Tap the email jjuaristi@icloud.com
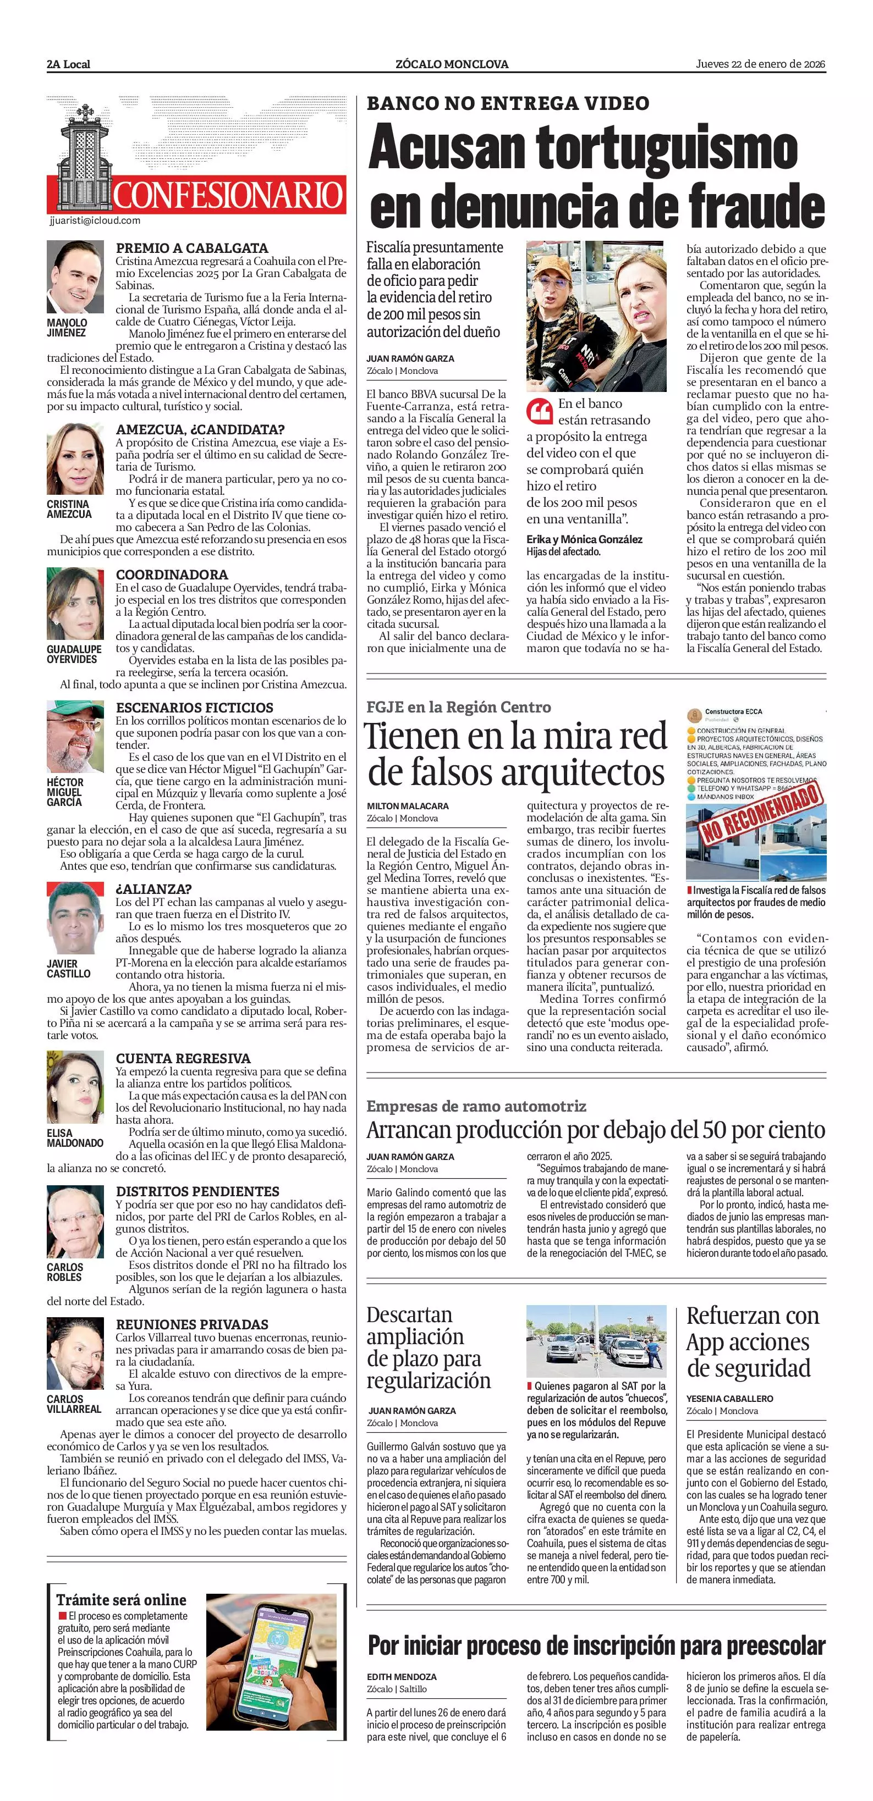coord(95,220)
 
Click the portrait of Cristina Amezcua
coord(75,458)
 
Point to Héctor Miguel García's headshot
coord(75,736)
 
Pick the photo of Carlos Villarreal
coord(75,1353)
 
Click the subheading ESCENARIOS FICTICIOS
coord(195,708)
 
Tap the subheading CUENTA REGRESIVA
coord(183,1058)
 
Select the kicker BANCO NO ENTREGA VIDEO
coord(508,103)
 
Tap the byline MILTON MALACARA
coord(408,806)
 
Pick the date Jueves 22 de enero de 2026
coord(760,64)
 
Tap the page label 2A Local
coord(69,64)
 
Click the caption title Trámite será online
coord(121,1600)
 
